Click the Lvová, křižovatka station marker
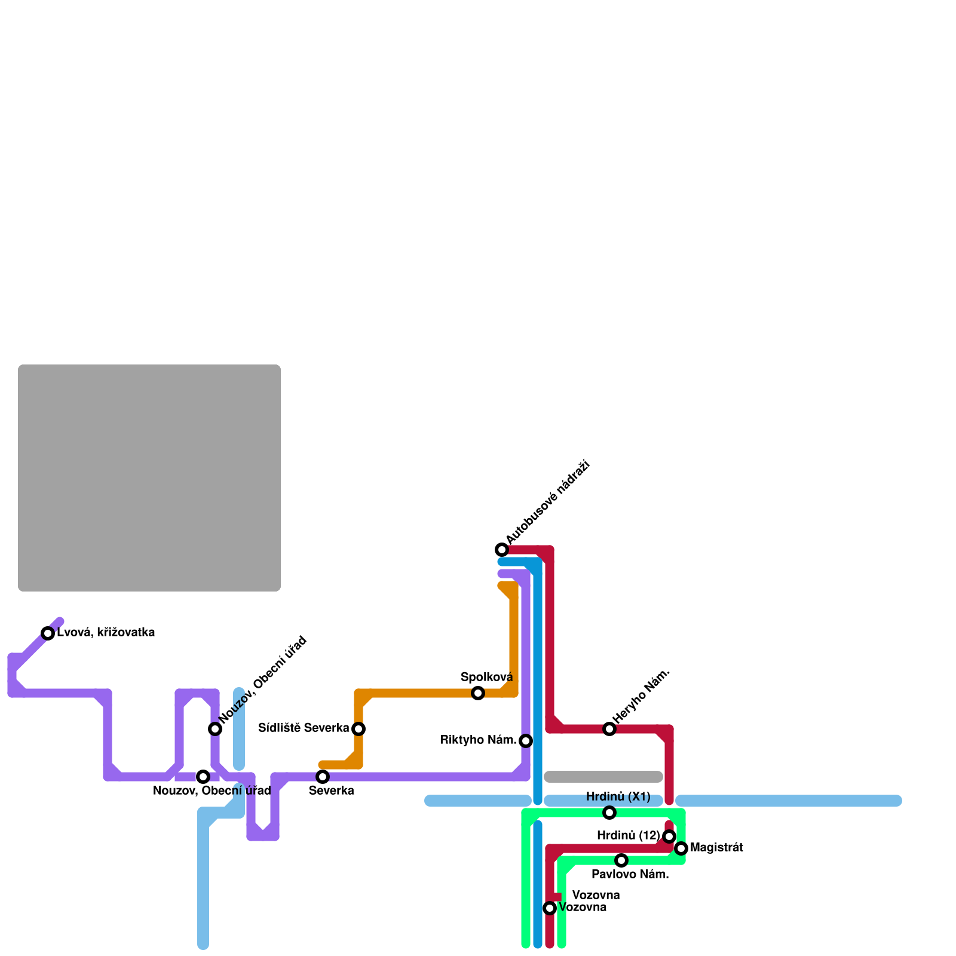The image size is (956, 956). coord(48,633)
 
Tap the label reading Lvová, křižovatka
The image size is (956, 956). coord(106,633)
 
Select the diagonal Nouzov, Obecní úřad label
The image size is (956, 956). coord(263,679)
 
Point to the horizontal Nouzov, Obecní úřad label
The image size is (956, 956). coord(212,791)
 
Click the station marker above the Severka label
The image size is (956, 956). coord(323,777)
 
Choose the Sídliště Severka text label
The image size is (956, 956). coord(304,728)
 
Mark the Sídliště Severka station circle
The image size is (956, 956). coord(358,729)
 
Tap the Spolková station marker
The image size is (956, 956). coord(478,693)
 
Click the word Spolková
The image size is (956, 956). coord(486,677)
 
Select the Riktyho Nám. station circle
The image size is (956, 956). coord(526,741)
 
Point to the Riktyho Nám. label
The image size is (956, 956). coord(478,740)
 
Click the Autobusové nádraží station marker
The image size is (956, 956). coord(502,550)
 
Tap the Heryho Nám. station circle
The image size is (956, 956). coord(609,729)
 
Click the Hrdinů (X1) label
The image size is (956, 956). coord(618,796)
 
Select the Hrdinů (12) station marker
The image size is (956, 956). coord(669,836)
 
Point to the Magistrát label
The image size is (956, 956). coord(716,847)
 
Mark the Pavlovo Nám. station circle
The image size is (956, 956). coord(621,860)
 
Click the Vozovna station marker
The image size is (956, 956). coord(550,908)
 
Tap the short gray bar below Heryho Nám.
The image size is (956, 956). coord(603,777)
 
